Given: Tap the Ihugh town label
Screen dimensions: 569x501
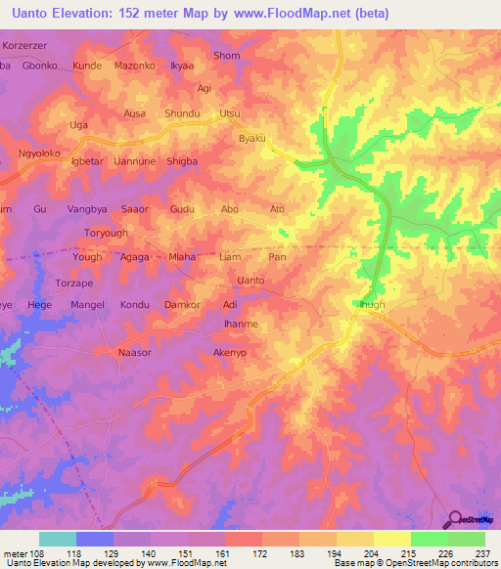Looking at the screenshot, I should [x=373, y=305].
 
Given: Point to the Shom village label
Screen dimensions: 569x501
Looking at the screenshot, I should [x=226, y=56].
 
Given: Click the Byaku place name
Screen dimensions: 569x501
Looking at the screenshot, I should [x=252, y=139].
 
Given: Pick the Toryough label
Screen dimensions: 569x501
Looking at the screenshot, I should [x=107, y=235].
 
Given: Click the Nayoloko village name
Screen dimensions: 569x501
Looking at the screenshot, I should [x=40, y=153].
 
